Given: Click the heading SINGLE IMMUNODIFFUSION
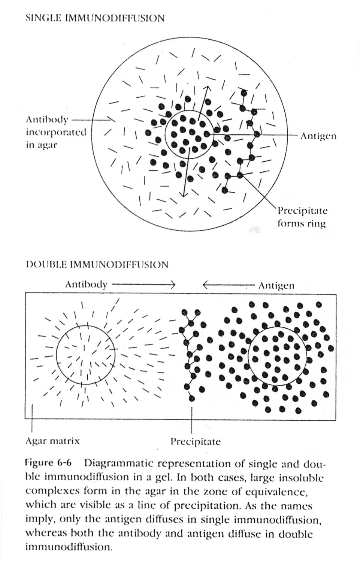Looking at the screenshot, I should tap(95, 18).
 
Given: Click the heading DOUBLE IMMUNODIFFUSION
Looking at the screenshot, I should tap(97, 265).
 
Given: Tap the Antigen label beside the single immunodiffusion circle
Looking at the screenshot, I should tap(318, 136).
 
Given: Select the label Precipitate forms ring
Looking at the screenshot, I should tap(302, 217).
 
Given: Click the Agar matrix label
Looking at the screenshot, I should tap(52, 441).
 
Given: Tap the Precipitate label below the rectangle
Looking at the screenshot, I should tap(195, 442).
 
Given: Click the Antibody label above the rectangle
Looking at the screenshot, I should tap(86, 284).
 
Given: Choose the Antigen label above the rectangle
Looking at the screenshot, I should tap(276, 286).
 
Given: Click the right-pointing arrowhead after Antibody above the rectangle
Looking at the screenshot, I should tap(173, 284).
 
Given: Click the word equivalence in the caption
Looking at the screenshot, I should tap(282, 491).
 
